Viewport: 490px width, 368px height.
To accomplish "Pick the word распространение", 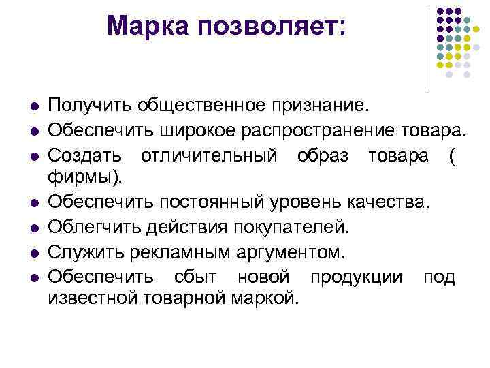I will point(324,130).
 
